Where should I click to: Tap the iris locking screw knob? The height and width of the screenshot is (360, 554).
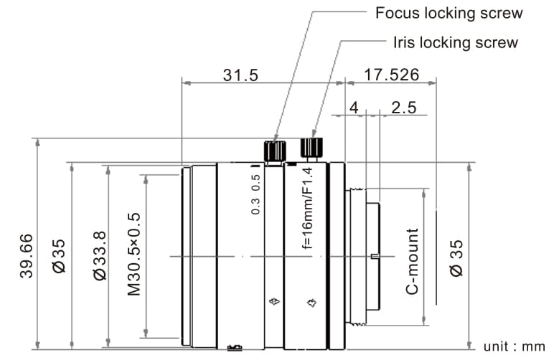311,148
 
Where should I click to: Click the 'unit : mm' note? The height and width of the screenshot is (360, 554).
514,347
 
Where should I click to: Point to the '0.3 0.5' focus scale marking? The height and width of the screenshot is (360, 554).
255,196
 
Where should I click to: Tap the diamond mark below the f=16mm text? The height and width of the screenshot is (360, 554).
311,303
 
